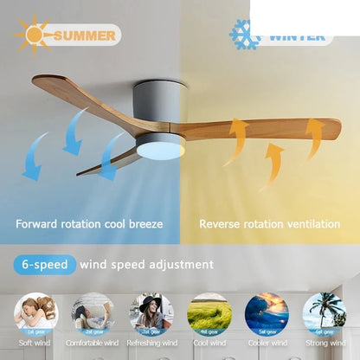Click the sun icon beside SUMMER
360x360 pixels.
click(x=35, y=34)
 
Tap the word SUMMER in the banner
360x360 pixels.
click(x=84, y=35)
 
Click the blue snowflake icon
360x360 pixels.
click(x=245, y=35)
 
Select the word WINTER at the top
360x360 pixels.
click(x=297, y=37)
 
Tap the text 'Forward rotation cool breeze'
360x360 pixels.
click(x=88, y=224)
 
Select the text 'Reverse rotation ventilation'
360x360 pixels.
click(x=269, y=224)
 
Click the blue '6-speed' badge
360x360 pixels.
click(x=44, y=264)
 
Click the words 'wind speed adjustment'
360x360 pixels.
click(x=146, y=264)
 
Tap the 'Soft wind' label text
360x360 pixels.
click(x=35, y=344)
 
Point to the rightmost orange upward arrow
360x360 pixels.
click(x=313, y=138)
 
